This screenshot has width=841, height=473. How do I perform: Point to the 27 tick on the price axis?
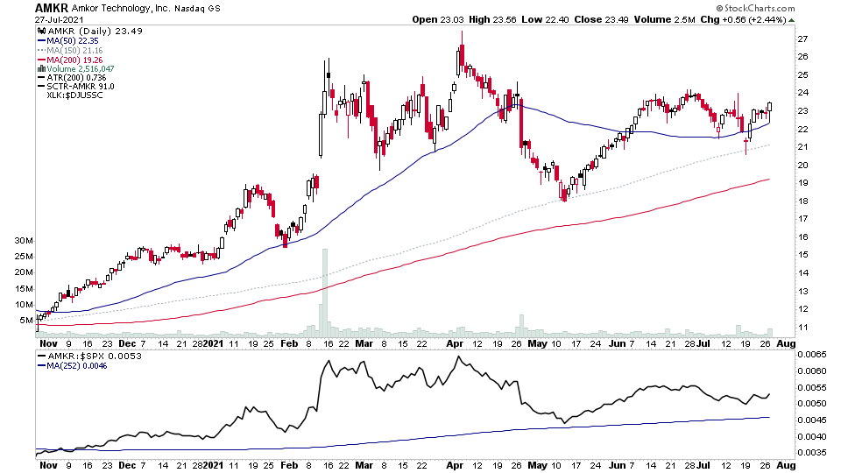pos(801,39)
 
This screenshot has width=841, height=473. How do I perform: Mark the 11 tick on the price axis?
pos(801,328)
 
